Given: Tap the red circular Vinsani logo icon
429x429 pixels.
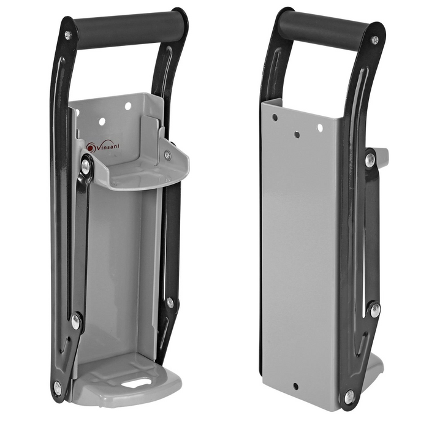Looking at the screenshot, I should tap(91, 147).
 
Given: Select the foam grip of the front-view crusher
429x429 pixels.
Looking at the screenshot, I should tap(129, 28).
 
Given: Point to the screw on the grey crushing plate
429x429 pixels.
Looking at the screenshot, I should tap(167, 156).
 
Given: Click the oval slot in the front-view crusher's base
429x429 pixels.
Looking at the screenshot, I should tap(136, 383).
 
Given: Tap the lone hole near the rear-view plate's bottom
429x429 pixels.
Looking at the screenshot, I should tap(295, 386).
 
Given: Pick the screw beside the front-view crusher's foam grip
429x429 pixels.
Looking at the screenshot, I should tap(68, 35).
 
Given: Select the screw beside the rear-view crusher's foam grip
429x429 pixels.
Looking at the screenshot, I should tap(374, 40).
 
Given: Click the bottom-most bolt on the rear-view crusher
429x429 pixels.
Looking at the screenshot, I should tap(349, 397).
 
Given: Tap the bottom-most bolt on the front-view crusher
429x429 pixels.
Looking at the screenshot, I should tap(57, 388).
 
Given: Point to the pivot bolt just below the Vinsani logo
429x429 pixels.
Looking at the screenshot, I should tap(86, 166).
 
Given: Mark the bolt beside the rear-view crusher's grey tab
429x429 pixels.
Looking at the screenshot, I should tap(371, 159).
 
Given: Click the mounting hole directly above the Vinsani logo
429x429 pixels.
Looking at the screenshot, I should tap(102, 121).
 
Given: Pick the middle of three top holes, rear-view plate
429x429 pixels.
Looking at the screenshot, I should tap(297, 134).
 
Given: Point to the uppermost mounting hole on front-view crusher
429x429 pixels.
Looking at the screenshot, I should tap(128, 106).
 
